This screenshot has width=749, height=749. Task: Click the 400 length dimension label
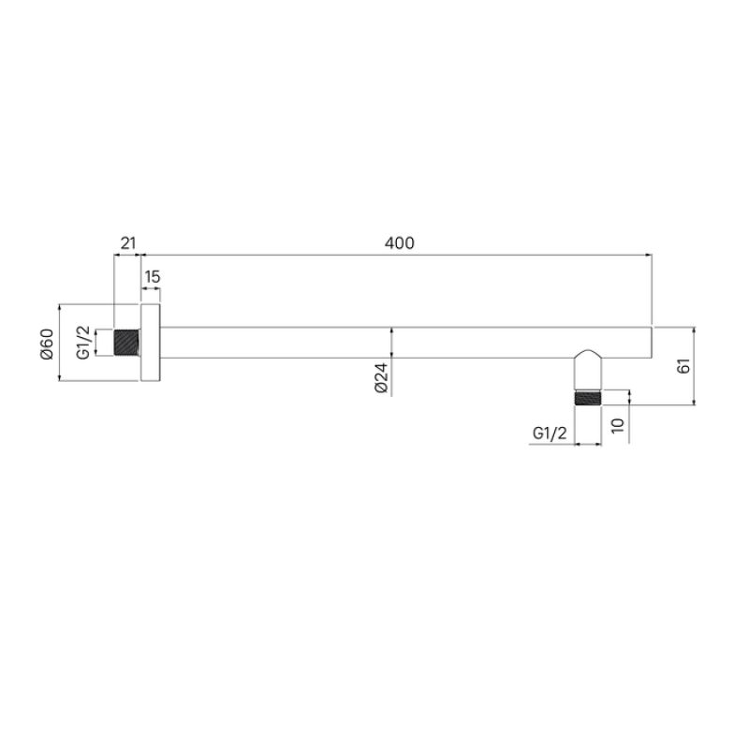coord(399,243)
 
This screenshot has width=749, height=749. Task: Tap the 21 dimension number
coord(126,243)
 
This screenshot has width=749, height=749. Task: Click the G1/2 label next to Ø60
coord(82,342)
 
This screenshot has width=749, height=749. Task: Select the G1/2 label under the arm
coord(550,433)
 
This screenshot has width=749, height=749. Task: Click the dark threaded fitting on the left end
coord(126,343)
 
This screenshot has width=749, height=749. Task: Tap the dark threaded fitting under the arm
coord(587,397)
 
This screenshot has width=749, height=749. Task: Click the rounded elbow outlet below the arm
coord(587,368)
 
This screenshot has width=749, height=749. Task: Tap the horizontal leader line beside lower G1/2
coord(552,444)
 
